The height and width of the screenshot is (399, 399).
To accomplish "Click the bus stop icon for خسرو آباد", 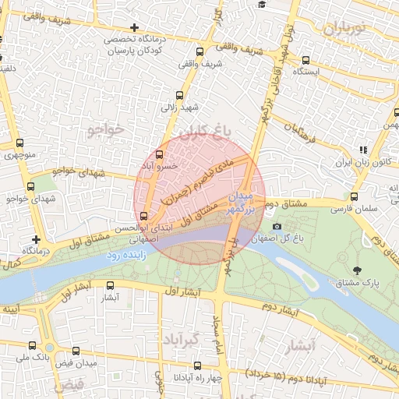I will [x=160, y=154].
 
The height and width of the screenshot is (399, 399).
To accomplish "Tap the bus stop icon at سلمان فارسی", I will [x=355, y=197].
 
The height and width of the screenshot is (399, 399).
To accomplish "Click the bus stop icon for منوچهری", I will [x=20, y=143].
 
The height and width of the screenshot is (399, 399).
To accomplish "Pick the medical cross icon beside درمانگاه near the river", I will [x=36, y=239].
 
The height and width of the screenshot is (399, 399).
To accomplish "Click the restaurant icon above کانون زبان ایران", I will [x=362, y=150].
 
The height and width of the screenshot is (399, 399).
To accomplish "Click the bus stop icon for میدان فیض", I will [x=76, y=351].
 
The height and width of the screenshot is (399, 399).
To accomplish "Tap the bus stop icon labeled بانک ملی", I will [x=31, y=345].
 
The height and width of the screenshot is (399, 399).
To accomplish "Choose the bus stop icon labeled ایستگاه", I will [x=305, y=59].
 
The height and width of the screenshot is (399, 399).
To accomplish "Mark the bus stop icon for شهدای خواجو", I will [x=31, y=187].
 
